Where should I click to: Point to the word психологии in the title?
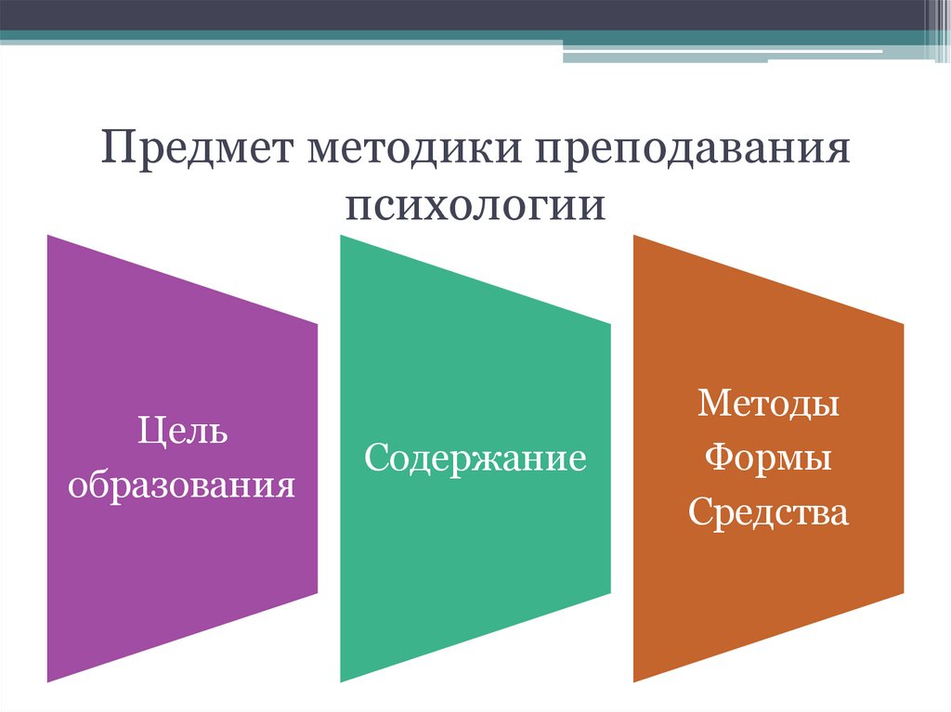tap(475, 204)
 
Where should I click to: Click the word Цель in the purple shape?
tap(183, 432)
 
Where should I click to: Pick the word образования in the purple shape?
tap(183, 485)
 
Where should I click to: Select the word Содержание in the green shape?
tap(475, 459)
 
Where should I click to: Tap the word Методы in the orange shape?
tap(769, 404)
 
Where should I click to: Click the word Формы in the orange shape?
tap(769, 459)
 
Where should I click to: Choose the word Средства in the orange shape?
tap(769, 512)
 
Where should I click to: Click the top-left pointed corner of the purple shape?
tap(48, 236)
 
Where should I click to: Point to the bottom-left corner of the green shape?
tap(342, 681)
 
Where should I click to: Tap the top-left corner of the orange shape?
tap(634, 236)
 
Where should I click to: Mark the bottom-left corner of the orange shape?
tap(634, 681)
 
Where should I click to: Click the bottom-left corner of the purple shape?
tap(48, 681)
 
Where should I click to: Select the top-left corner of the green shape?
tap(342, 236)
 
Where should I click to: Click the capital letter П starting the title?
tap(116, 149)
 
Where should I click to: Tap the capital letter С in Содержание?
tap(374, 459)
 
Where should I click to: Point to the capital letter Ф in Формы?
tap(719, 459)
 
